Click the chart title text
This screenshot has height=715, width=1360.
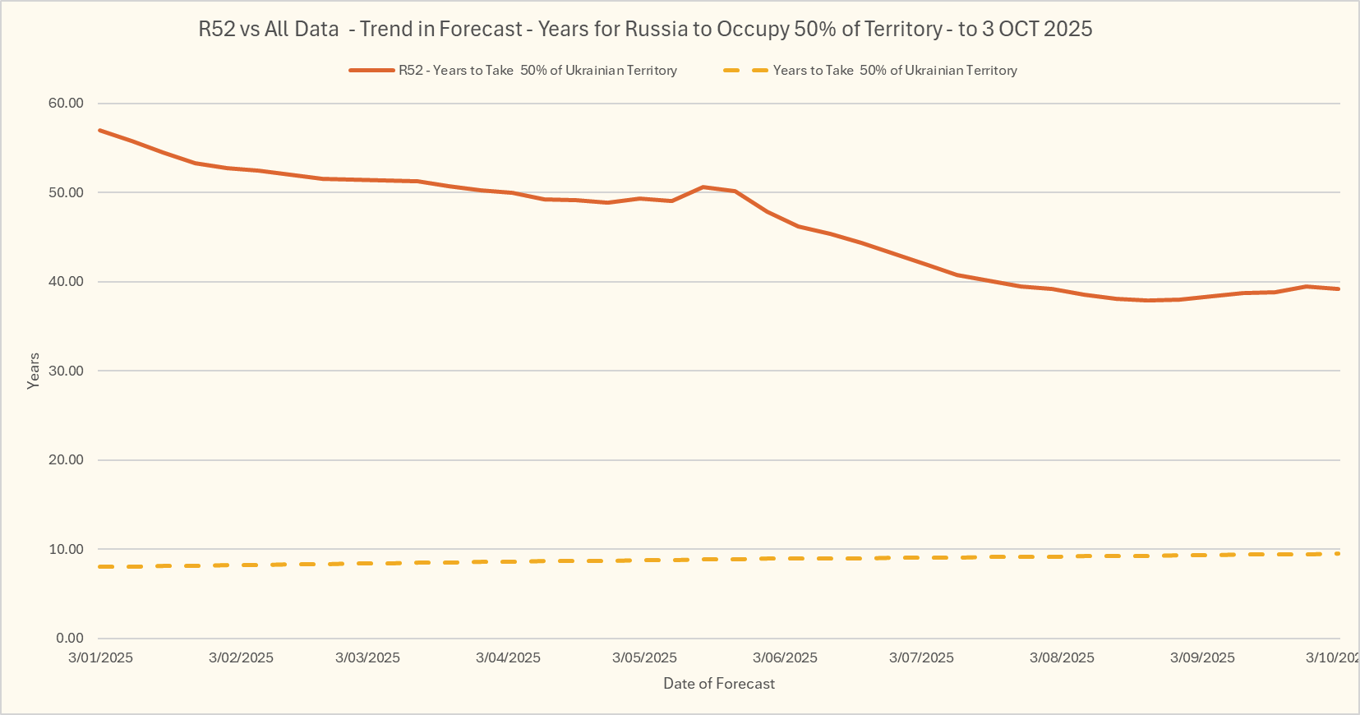pos(645,30)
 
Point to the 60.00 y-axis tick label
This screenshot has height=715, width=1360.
pos(66,104)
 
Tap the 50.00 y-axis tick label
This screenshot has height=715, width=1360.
pos(66,192)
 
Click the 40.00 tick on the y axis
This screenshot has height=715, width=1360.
pos(66,282)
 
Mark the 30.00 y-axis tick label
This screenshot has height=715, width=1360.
pos(66,371)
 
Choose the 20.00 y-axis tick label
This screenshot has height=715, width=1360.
pos(66,460)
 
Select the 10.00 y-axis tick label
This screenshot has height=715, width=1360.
pos(66,549)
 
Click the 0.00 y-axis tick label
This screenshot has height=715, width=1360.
pos(70,639)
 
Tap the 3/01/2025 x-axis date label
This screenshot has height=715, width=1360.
pos(100,657)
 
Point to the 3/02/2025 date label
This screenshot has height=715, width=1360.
pos(241,657)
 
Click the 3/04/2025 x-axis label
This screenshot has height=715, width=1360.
pos(508,657)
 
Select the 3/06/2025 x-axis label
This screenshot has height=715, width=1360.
pos(785,657)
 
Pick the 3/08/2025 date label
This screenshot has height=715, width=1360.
pos(1062,657)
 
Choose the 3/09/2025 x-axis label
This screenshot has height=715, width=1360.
pos(1202,657)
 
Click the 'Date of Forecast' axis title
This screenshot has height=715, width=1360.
pos(719,684)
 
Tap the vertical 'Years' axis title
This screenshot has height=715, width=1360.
pos(34,371)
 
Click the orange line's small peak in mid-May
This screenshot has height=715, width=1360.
pos(703,187)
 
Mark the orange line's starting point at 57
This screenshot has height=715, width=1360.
pos(99,130)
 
